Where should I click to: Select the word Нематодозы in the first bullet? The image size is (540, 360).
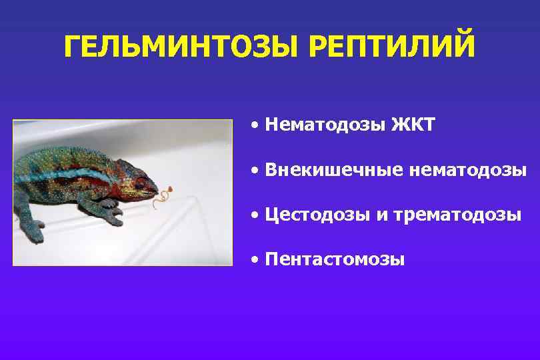tap(323, 125)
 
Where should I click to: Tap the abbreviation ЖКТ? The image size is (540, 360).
tap(413, 125)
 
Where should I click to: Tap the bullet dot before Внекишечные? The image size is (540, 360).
tap(255, 171)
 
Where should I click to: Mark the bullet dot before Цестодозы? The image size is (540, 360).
tap(255, 216)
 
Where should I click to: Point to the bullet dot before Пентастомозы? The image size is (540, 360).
tap(255, 261)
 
